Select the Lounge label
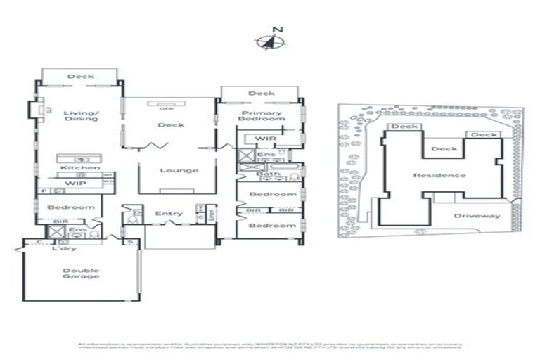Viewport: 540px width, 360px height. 179,170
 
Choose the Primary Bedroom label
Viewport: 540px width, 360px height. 262,116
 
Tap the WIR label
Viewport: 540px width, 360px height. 265,139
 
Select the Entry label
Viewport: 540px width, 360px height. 169,214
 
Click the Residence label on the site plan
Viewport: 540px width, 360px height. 439,175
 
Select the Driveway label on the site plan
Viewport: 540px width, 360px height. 477,216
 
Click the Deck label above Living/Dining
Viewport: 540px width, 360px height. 80,77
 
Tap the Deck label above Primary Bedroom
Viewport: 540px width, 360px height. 262,94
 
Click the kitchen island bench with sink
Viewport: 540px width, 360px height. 79,159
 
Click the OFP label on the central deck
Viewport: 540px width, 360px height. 167,109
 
